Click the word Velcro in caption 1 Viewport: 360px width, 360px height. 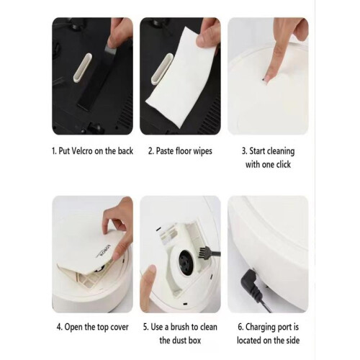coord(82,151)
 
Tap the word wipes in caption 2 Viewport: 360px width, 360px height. coord(203,151)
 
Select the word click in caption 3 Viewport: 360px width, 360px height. coord(283,164)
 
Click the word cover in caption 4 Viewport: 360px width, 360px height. coord(120,327)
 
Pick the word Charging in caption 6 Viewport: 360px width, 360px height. coord(261,328)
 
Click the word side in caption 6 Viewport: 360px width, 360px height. coord(292,341)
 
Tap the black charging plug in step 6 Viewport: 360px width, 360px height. coord(253,283)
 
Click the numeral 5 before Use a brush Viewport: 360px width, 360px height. coord(145,327)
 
